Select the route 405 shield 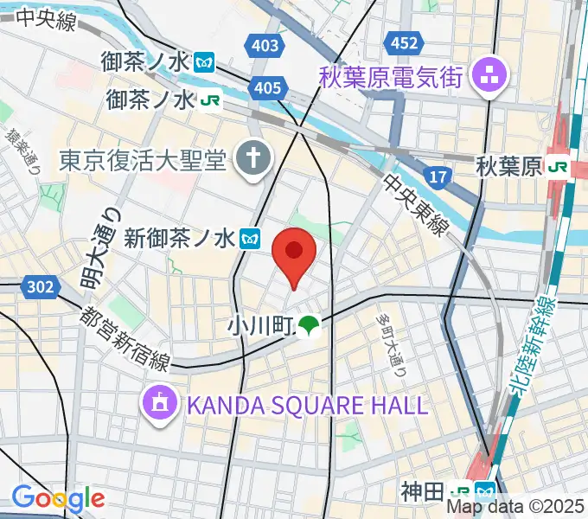click(268, 87)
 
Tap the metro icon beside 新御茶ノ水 click(252, 236)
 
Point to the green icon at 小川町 click(309, 326)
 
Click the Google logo click(58, 498)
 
